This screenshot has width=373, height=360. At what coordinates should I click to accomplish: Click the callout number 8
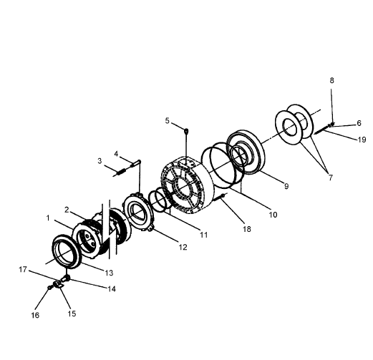(x=331, y=81)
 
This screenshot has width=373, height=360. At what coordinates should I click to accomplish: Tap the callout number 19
(x=362, y=140)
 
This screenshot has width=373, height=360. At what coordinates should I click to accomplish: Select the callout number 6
(x=359, y=123)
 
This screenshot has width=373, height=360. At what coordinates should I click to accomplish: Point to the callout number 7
(x=331, y=177)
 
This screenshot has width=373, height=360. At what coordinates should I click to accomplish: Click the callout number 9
(x=286, y=186)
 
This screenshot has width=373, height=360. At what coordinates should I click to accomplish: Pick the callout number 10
(x=273, y=215)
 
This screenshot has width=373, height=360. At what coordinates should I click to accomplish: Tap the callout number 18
(x=247, y=229)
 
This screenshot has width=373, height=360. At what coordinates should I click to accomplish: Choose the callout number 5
(x=167, y=121)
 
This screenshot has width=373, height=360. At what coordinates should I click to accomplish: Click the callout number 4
(x=116, y=154)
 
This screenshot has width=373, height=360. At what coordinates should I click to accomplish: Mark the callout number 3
(x=100, y=161)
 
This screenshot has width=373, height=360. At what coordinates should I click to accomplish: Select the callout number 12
(x=183, y=248)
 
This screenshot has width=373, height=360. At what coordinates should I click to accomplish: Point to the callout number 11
(x=203, y=235)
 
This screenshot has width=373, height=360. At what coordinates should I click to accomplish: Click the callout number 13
(x=109, y=273)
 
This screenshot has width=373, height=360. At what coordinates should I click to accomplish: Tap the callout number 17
(x=23, y=270)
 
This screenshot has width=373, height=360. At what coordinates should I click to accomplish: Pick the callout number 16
(x=35, y=315)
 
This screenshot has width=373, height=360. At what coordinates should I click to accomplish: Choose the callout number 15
(x=72, y=313)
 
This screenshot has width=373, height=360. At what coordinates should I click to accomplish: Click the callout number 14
(x=112, y=289)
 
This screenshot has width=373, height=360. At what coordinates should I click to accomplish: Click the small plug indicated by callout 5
(x=186, y=131)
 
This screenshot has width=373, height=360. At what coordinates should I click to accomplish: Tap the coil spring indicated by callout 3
(x=121, y=172)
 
